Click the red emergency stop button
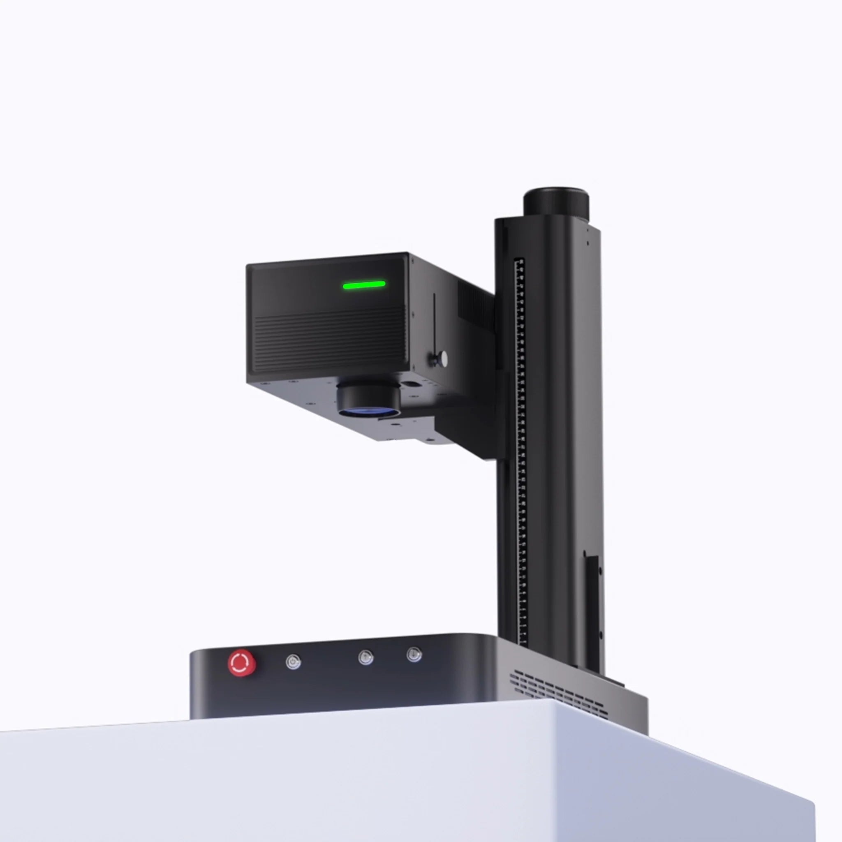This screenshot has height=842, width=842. click(x=242, y=663)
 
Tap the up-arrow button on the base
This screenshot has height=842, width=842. click(x=365, y=657)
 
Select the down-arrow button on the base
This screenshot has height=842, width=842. click(x=414, y=654)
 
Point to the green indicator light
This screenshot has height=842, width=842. click(x=364, y=285)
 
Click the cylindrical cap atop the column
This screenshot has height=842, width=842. click(x=556, y=203)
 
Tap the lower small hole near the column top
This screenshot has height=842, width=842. click(x=588, y=243)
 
